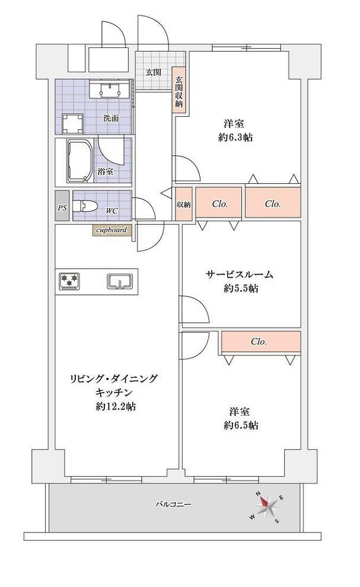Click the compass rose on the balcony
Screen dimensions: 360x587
pos(267,506)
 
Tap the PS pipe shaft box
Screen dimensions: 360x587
pos(62,206)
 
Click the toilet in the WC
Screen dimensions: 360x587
pos(85,206)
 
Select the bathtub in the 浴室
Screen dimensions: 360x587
pos(80,161)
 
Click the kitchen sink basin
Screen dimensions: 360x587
pos(120,281)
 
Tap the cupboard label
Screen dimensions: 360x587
pos(112,230)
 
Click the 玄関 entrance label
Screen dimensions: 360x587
pos(154,72)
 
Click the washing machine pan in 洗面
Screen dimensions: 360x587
pos(73,123)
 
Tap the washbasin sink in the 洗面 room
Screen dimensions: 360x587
pos(110,89)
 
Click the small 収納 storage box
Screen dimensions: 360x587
pos(184,204)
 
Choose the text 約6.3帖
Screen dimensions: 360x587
pos(235,138)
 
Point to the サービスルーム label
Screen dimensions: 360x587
pos(240,275)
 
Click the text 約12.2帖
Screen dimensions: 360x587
pos(116,406)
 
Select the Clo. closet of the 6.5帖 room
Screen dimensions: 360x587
pos(261,342)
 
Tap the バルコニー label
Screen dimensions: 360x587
pos(173,504)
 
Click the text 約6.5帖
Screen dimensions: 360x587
pos(241,425)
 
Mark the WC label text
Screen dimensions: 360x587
pos(111,211)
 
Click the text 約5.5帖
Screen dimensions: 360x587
pos(241,288)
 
